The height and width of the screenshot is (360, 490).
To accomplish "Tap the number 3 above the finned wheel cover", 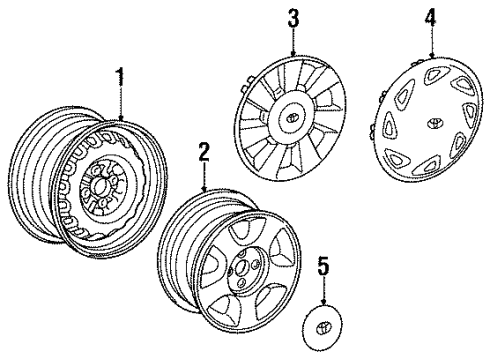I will click(293, 17).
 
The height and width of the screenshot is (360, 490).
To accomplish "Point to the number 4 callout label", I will click(431, 17).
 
